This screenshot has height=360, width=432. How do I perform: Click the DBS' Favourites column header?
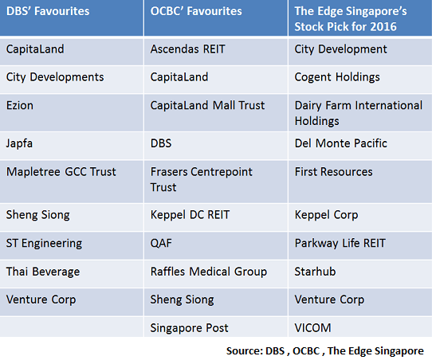pos(48,12)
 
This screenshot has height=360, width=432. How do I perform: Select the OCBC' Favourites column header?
pos(196,12)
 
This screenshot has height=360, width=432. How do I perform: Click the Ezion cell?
pos(20,106)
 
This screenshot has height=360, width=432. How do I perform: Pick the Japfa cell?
pos(21,143)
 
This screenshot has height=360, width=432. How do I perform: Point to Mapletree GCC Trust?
pos(61,171)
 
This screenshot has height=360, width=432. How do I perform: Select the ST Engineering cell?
pos(44,243)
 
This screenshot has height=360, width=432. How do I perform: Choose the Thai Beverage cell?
pos(43,272)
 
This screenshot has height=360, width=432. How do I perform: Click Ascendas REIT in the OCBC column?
pos(188,49)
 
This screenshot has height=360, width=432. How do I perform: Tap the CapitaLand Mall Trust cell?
pos(207,106)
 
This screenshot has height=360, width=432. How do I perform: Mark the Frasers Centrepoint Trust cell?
pos(201,179)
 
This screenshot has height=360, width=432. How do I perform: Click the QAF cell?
pos(162,243)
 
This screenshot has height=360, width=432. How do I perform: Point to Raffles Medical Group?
pos(209,272)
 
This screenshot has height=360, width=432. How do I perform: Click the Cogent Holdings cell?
pos(337,77)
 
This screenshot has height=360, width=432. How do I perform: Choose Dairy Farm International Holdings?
pos(358,113)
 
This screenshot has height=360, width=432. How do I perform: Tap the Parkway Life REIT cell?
pos(340,243)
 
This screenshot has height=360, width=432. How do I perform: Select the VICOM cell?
pos(313,328)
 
